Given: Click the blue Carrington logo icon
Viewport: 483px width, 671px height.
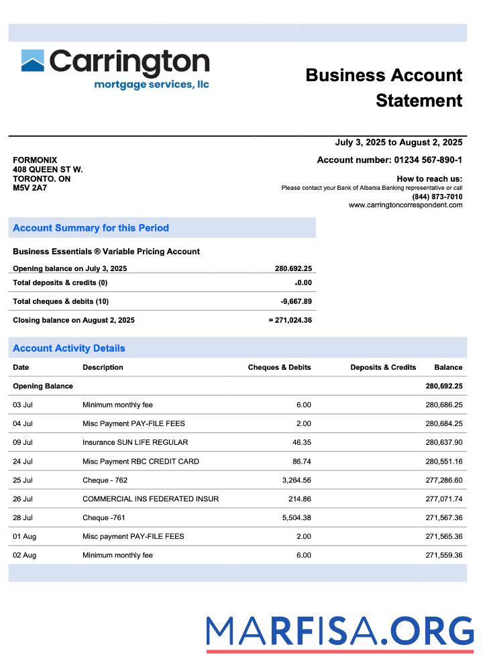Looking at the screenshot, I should (x=33, y=60).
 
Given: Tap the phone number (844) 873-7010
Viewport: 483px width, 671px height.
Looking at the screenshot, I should (x=437, y=197).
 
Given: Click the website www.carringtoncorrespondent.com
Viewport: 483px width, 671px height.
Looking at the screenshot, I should (x=405, y=205).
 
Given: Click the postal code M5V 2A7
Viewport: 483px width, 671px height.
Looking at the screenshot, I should (x=30, y=188).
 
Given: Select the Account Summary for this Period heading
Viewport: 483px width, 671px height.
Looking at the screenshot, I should (x=91, y=228).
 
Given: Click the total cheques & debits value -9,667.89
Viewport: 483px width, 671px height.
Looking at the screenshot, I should (x=296, y=301).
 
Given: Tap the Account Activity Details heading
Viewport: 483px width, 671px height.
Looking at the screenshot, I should (x=69, y=348).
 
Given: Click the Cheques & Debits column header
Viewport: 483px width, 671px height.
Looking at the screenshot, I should (x=279, y=367).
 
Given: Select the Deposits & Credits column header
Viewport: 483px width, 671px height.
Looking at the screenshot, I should (x=383, y=367).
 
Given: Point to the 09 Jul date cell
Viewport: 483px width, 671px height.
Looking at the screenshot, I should (x=23, y=442).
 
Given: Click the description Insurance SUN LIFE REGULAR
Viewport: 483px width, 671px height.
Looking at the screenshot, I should (x=135, y=442).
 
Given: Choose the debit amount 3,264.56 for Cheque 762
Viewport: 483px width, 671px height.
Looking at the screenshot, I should (x=294, y=480).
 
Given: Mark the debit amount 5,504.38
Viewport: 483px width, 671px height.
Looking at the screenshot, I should (x=294, y=517).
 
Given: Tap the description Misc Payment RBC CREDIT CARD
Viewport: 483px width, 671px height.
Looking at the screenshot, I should (x=140, y=461).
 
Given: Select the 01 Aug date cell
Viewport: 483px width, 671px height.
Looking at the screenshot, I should (x=23, y=536).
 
